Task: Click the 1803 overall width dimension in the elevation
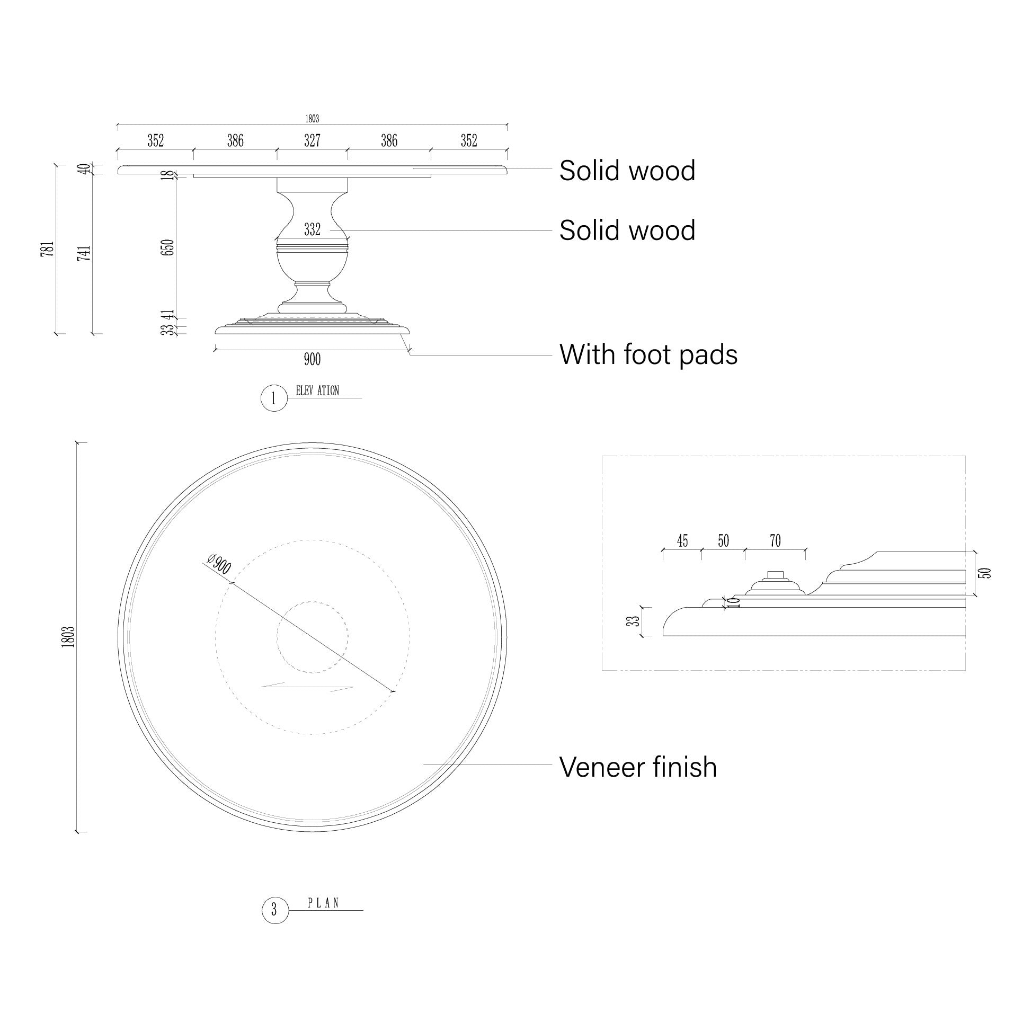pos(312,119)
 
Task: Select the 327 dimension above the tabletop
pos(312,141)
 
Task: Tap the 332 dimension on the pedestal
pos(312,230)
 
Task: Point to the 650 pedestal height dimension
pos(167,247)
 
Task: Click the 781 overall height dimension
pos(48,248)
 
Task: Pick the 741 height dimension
pos(84,253)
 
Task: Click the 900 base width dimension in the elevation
pos(312,360)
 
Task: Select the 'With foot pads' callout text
pos(648,354)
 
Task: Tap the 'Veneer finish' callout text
pos(638,767)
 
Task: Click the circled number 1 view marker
pos(274,398)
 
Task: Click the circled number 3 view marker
pos(275,910)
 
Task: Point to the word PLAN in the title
pos(324,903)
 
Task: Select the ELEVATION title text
pos(317,391)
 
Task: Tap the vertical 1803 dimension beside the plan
pos(68,637)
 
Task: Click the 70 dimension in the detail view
pos(775,541)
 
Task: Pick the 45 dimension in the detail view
pos(682,541)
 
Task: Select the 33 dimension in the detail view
pos(634,621)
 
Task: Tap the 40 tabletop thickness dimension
pos(83,170)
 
